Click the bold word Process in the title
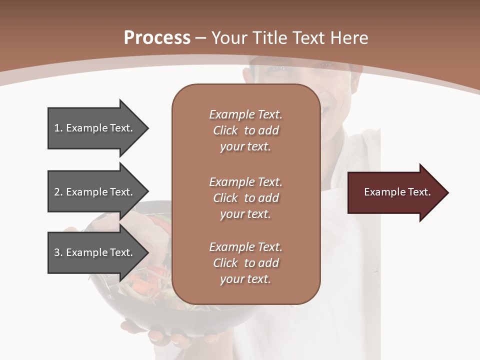tap(157, 38)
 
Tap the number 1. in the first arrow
tap(58, 128)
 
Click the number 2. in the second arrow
tap(58, 192)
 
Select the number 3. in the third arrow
tap(58, 252)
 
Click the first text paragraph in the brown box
tap(245, 130)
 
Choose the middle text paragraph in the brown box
tap(245, 197)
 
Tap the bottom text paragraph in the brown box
tap(245, 263)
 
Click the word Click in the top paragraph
tap(225, 130)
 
